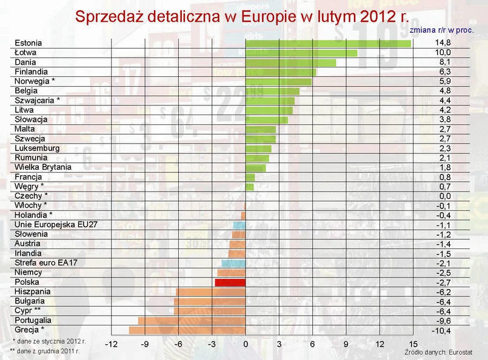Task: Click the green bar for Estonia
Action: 328,43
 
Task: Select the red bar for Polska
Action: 230,282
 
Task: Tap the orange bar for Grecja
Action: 187,330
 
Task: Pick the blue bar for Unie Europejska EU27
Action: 239,225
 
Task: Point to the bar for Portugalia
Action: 192,321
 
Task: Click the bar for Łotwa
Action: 301,53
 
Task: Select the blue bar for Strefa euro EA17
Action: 234,263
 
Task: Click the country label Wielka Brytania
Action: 43,167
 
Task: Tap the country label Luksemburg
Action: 37,148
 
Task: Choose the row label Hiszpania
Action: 33,292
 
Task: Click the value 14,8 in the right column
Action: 443,43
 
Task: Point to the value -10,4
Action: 441,330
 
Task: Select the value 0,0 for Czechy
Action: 444,196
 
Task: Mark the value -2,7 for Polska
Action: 443,282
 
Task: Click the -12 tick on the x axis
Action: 111,345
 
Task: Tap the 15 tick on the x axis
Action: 413,345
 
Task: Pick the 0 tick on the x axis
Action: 246,345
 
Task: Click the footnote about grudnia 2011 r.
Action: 46,351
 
